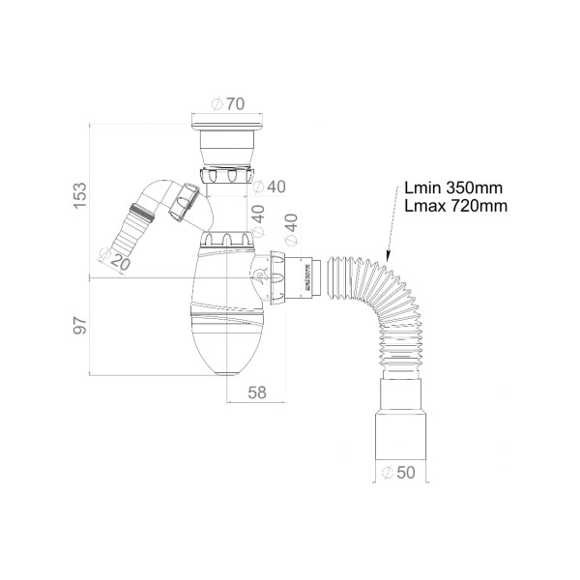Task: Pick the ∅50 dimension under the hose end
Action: tap(400, 473)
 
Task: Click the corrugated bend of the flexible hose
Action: tap(387, 290)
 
